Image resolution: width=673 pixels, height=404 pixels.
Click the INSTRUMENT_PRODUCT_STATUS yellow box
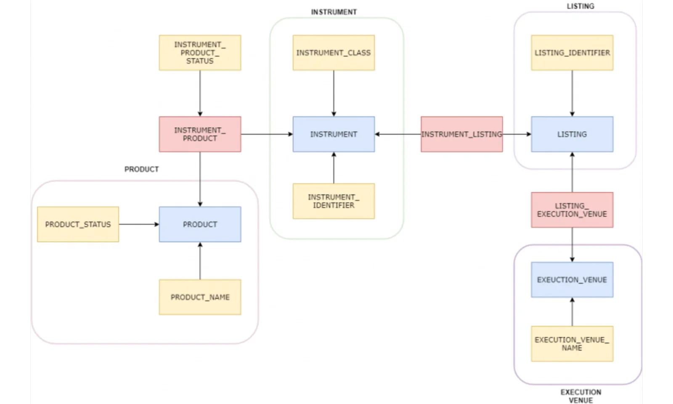pos(200,53)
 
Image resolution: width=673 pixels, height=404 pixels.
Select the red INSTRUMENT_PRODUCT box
pos(200,134)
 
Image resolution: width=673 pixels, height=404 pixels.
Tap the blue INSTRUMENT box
pos(334,134)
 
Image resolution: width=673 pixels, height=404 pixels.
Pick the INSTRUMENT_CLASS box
pos(334,53)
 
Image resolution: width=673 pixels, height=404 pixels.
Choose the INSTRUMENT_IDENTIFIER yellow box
pos(334,201)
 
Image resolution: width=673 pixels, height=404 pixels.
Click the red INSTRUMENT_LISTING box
pos(461,134)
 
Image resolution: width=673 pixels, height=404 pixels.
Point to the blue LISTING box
pos(572,134)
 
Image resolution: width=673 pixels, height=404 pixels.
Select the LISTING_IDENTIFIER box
pos(572,53)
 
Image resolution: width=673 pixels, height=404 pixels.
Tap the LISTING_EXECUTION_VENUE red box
pos(572,210)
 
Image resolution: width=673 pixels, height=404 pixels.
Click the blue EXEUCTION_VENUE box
pos(572,280)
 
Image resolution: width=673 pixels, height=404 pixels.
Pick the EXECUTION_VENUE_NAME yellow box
pos(572,344)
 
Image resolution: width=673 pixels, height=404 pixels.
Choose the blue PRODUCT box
pos(200,224)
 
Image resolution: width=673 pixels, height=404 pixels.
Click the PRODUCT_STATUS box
pos(78,224)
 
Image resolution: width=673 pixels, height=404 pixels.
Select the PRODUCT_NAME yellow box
pos(200,297)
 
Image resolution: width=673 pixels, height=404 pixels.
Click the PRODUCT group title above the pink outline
pos(141,169)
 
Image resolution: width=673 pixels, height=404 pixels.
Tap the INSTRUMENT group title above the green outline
pos(334,12)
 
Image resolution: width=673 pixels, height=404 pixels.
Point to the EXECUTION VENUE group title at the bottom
pos(580,396)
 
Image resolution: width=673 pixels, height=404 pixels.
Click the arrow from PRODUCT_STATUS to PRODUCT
pos(139,224)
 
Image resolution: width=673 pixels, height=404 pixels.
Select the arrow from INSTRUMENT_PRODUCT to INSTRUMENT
pos(267,134)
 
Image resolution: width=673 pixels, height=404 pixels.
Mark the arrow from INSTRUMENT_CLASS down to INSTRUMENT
pos(334,93)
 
